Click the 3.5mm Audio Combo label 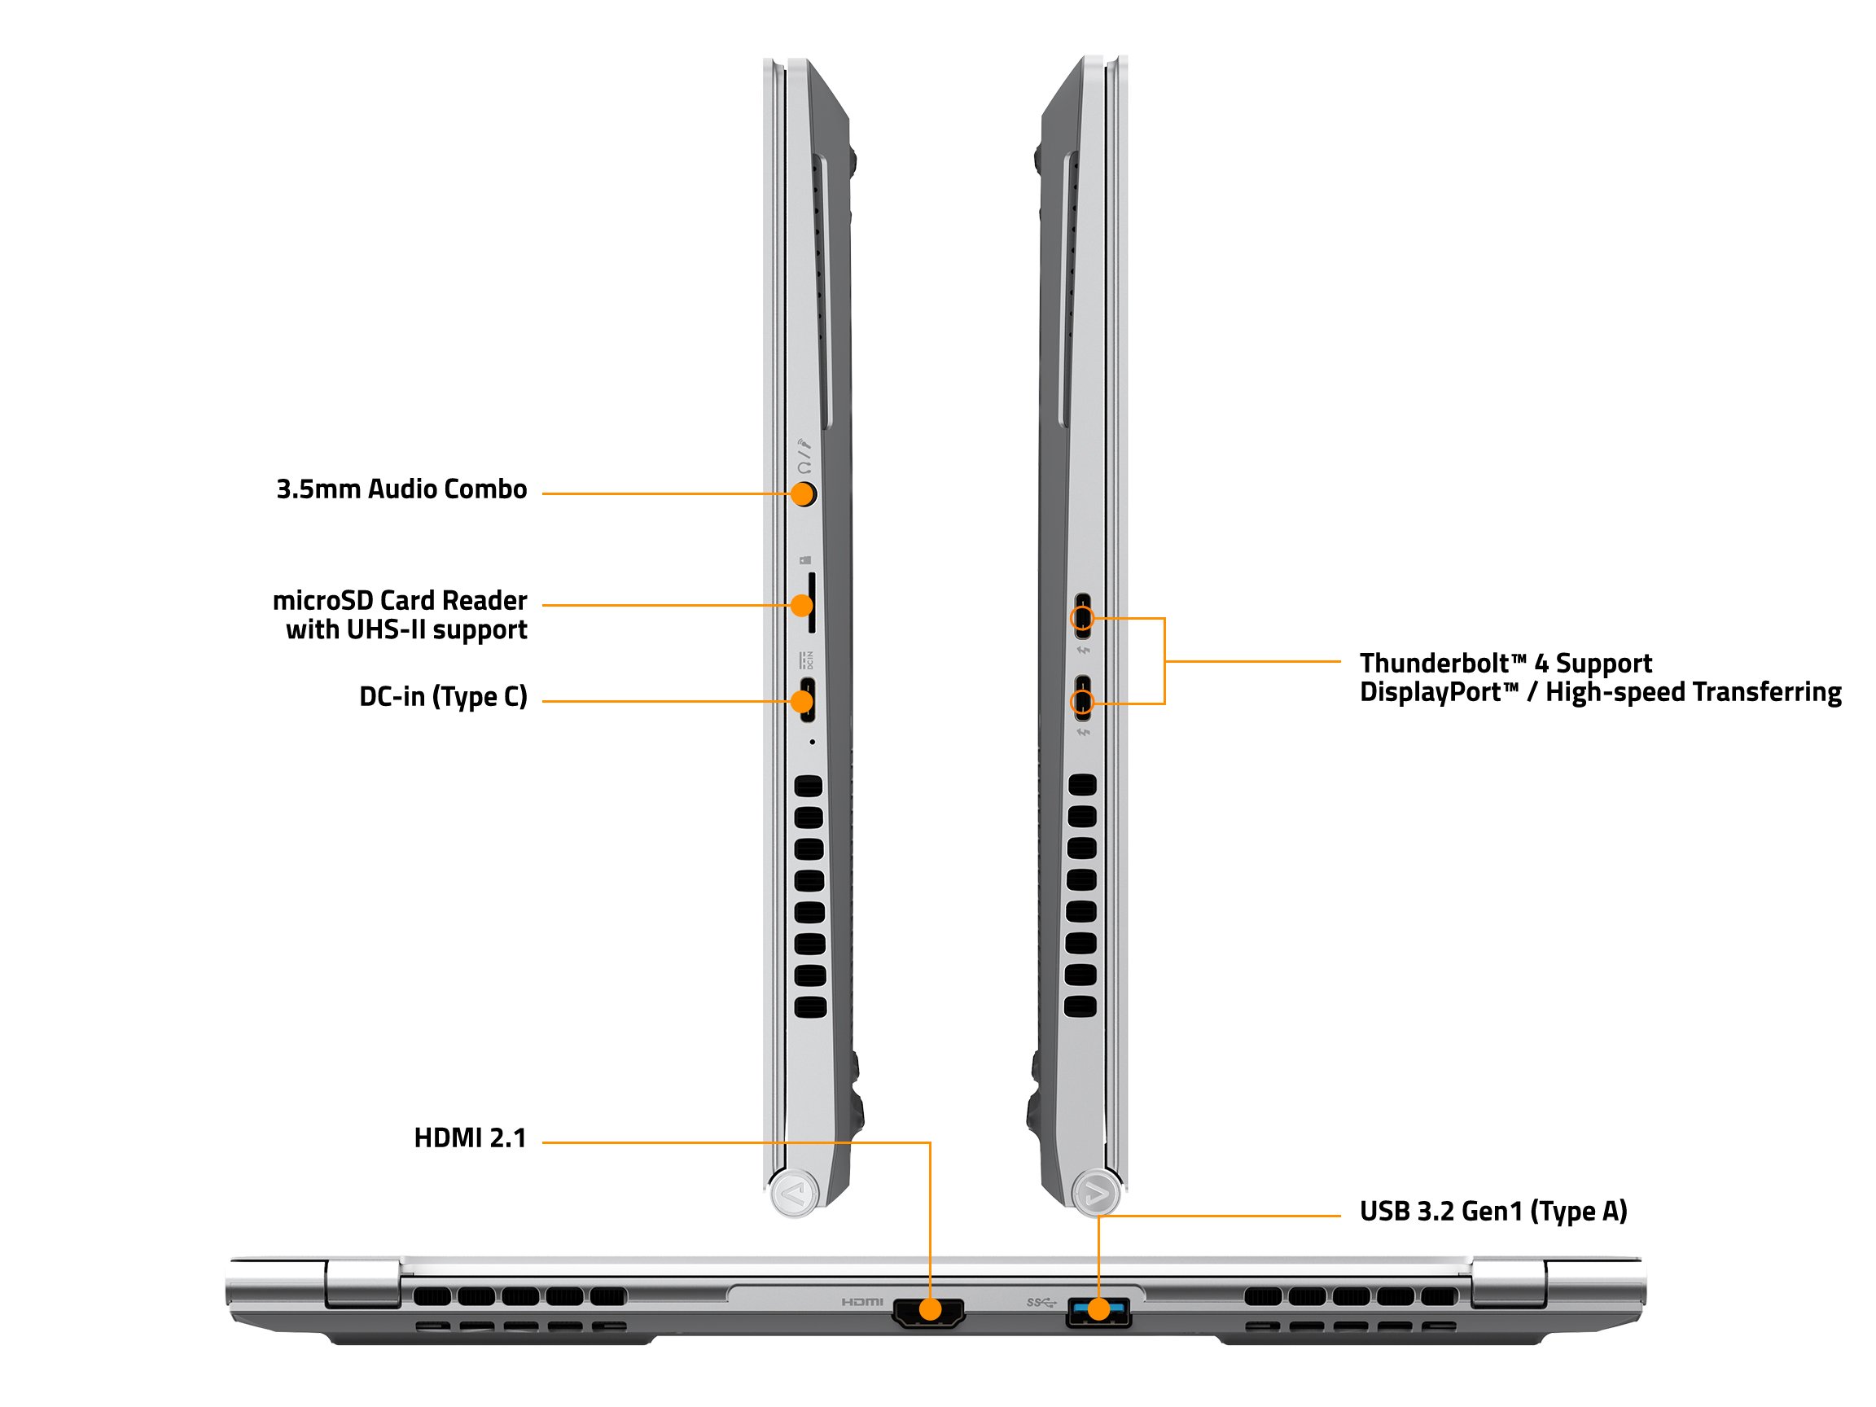click(401, 489)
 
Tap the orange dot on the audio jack click(802, 493)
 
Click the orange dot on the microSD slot click(801, 606)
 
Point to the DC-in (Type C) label click(444, 697)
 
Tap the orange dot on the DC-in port click(801, 701)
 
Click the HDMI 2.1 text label click(470, 1138)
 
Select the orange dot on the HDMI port click(931, 1309)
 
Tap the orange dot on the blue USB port click(1098, 1309)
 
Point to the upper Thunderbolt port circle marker click(1082, 617)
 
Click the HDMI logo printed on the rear click(862, 1302)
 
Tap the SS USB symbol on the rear click(1041, 1302)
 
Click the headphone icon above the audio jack click(804, 467)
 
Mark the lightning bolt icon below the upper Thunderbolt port click(1083, 651)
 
